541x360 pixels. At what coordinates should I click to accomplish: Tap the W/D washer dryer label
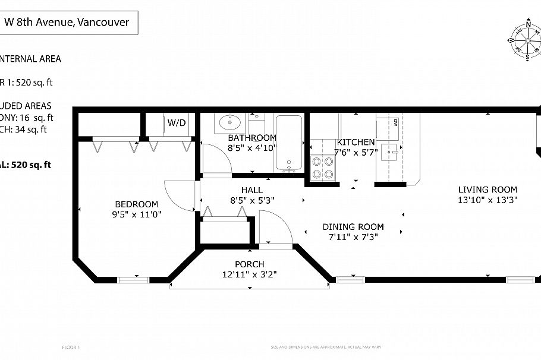click(x=176, y=123)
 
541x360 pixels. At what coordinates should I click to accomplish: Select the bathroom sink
click(x=229, y=124)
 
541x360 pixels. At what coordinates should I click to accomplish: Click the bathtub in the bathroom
click(x=290, y=143)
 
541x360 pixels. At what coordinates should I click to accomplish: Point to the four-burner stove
click(x=323, y=167)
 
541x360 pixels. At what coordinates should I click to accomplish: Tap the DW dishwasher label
click(x=395, y=122)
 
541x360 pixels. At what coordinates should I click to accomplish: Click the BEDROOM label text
click(x=136, y=204)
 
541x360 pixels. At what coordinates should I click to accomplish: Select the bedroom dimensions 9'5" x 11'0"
click(x=136, y=214)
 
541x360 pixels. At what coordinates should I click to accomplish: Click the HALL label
click(x=251, y=190)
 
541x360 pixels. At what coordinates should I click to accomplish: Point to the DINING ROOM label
click(x=353, y=226)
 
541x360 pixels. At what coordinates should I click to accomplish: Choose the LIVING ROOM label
click(x=487, y=190)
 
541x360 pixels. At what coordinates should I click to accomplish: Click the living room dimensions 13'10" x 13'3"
click(x=487, y=200)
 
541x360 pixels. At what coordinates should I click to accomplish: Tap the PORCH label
click(x=249, y=264)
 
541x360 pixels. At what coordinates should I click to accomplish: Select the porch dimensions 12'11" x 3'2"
click(x=249, y=274)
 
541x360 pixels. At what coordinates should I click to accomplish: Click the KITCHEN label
click(x=356, y=143)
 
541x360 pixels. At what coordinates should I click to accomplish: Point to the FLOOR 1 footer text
click(x=71, y=347)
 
